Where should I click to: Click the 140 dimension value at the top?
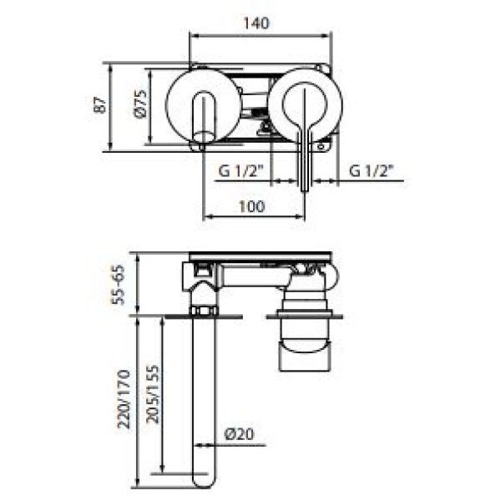(256, 23)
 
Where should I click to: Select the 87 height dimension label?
(99, 105)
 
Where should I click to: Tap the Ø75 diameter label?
(140, 104)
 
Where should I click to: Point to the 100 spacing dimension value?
(252, 206)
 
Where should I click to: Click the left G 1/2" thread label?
(240, 171)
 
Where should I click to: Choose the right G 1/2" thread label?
(372, 171)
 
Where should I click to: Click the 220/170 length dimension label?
(124, 399)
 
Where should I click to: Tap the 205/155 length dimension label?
(153, 394)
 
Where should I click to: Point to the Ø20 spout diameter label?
(240, 434)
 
